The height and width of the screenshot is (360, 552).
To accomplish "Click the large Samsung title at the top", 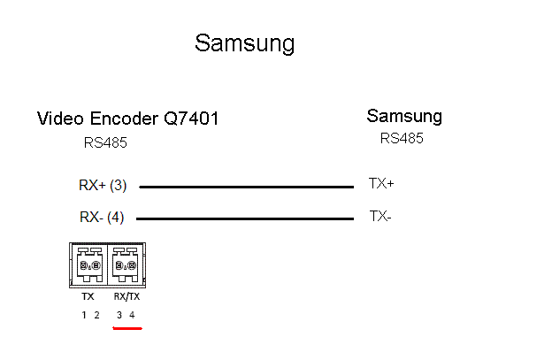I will point(244,42).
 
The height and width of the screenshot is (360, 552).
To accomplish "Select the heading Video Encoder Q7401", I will point(127,119).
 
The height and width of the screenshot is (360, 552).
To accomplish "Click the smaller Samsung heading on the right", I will point(404,116).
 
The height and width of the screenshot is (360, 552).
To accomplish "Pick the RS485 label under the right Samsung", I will point(402,138).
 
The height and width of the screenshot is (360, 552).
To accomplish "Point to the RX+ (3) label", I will point(103,186).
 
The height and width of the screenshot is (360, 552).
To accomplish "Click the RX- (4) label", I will point(102,217).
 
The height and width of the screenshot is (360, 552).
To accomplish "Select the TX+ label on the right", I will point(381,184).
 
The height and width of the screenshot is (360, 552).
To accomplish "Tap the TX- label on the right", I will point(380,215).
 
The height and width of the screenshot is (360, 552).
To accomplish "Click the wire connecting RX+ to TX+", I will point(246,187).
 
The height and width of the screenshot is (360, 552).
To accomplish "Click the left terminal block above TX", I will point(88,264).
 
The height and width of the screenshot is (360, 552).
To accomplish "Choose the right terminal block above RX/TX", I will point(126,264).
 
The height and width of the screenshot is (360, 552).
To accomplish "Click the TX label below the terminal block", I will point(88,297).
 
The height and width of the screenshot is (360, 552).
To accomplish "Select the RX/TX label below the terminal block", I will point(126,297).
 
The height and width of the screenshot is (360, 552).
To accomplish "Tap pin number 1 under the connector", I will point(85,315).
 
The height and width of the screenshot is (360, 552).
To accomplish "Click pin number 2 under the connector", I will point(96,315).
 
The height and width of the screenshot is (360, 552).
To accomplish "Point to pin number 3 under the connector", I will point(119,315).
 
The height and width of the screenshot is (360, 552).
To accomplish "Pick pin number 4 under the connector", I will point(132,315).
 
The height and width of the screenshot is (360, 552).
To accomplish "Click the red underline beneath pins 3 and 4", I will point(127,327).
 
